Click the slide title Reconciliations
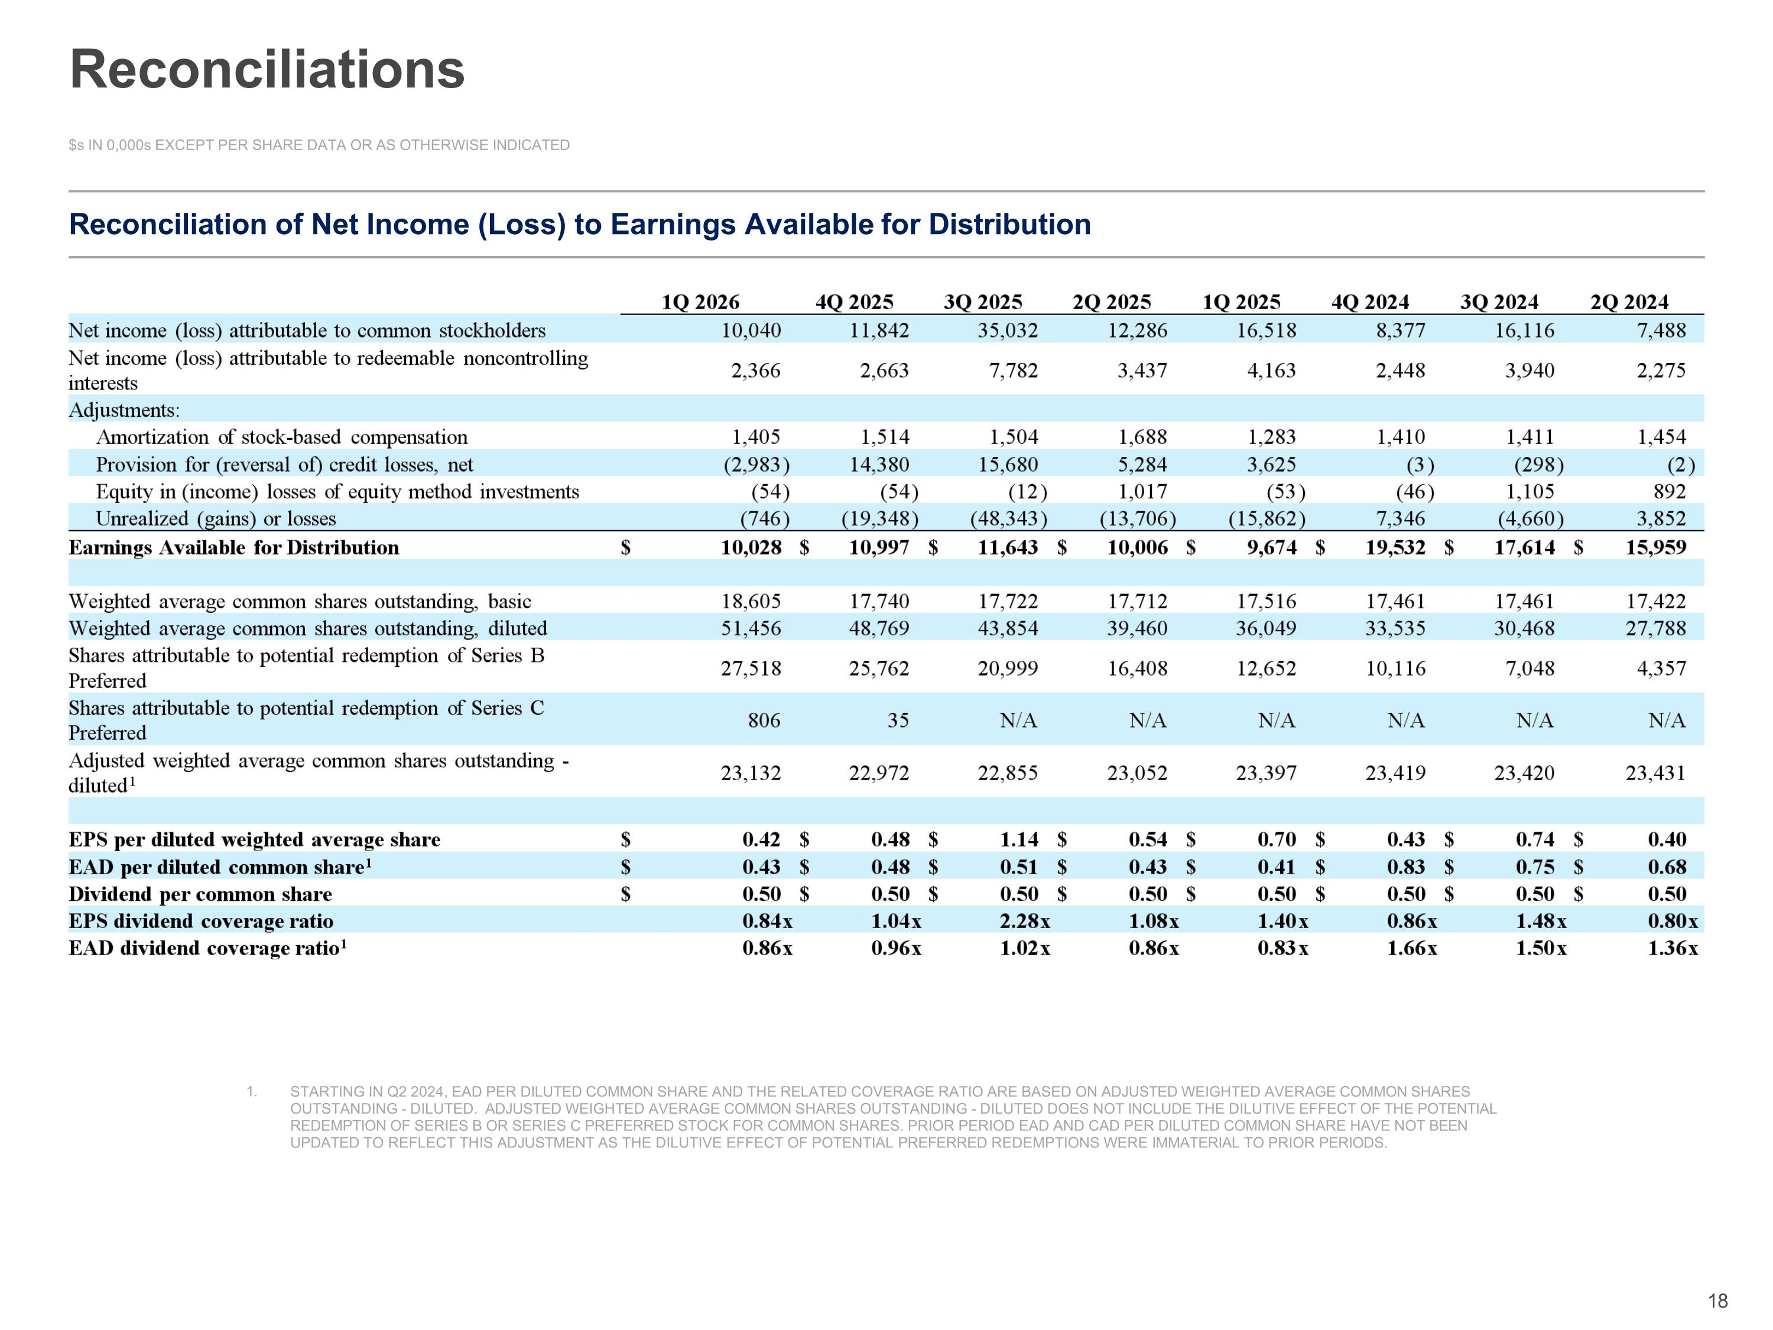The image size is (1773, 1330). [267, 69]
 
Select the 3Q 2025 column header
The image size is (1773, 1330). [983, 302]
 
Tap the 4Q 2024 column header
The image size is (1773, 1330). [1370, 302]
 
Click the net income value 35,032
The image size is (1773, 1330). [1008, 330]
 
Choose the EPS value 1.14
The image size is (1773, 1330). [1019, 839]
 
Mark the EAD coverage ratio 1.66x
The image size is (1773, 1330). [1412, 948]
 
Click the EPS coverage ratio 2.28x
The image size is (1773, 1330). [1025, 921]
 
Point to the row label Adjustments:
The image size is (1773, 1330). [124, 410]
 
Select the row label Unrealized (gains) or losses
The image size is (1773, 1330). [216, 518]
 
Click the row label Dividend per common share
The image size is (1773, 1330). [200, 894]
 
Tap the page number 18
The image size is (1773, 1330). [1717, 1300]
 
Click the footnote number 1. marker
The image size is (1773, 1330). [252, 1091]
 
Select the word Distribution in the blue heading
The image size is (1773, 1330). [1010, 225]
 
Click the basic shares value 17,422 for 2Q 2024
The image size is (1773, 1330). [1655, 601]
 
